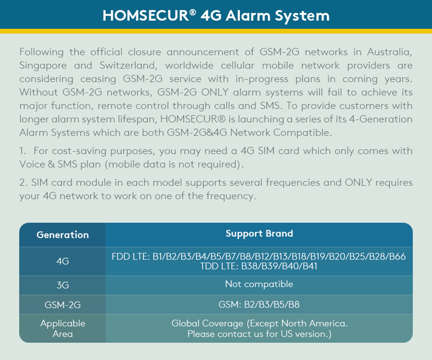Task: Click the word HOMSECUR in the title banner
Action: coord(146,16)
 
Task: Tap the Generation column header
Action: coord(63,235)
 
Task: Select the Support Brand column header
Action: coord(259,233)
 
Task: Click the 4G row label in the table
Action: coord(63,261)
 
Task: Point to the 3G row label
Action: coord(63,285)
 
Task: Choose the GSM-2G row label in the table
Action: coord(63,305)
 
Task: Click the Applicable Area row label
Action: coord(63,328)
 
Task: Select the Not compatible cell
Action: coord(259,284)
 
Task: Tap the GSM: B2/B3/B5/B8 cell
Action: coord(259,305)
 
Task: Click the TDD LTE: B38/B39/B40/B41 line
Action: coord(259,266)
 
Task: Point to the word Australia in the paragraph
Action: coord(390,52)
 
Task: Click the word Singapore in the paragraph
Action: coord(43,66)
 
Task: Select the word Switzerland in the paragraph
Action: coord(128,65)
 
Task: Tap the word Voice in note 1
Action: coord(32,164)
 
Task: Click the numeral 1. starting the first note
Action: coord(22,151)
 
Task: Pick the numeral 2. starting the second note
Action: coord(23,182)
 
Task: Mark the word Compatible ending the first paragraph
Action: coord(302,133)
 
